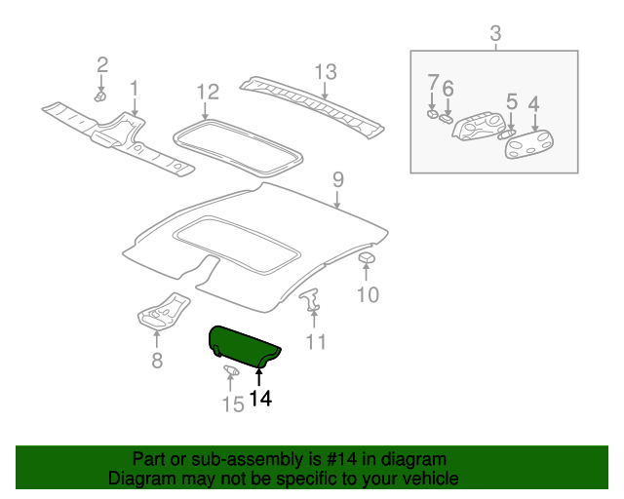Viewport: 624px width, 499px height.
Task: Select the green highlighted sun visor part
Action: pyautogui.click(x=243, y=346)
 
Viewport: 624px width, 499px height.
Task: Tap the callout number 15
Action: pyautogui.click(x=232, y=403)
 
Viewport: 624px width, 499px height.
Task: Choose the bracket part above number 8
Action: pyautogui.click(x=162, y=312)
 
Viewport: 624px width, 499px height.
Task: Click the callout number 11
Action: pyautogui.click(x=316, y=342)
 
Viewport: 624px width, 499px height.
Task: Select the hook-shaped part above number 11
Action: pyautogui.click(x=311, y=300)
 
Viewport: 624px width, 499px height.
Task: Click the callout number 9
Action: pyautogui.click(x=337, y=179)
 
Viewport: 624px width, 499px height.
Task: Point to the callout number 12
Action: pyautogui.click(x=207, y=93)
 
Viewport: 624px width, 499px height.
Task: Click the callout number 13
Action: pyautogui.click(x=325, y=71)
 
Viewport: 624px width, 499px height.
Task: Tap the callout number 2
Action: pyautogui.click(x=101, y=65)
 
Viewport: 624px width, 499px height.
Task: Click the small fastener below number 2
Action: pyautogui.click(x=100, y=96)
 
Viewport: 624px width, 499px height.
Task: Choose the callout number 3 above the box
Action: pyautogui.click(x=494, y=34)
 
